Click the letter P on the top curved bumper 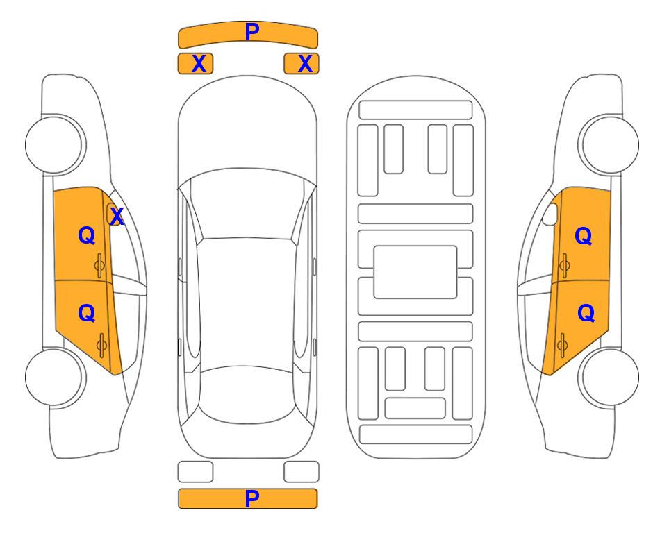[252, 32]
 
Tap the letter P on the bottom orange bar [252, 498]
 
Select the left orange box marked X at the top [195, 64]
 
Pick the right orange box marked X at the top [302, 64]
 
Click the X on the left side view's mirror [117, 217]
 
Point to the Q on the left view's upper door [87, 235]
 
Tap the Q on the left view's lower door [87, 314]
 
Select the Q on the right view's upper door [584, 236]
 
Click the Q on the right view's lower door [586, 314]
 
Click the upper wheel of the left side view [55, 144]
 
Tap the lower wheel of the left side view [55, 377]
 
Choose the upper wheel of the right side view [609, 144]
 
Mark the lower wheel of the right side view [609, 377]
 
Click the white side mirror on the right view [550, 214]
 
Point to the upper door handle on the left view [99, 265]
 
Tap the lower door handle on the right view [563, 346]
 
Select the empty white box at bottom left [195, 472]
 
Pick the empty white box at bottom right [302, 472]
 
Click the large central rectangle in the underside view [415, 272]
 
